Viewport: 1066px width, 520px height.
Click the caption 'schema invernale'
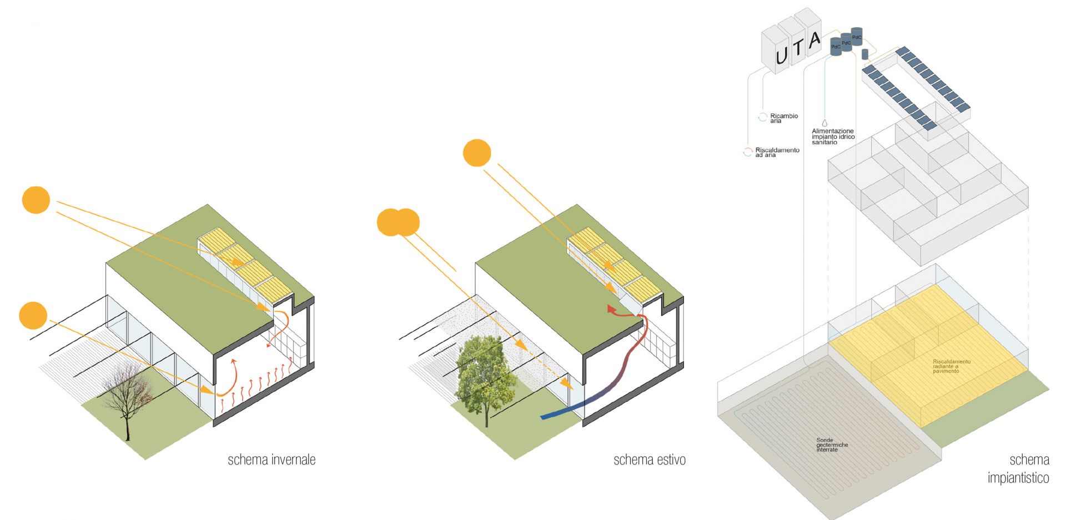[271, 460]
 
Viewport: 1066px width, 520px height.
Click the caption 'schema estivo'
[649, 460]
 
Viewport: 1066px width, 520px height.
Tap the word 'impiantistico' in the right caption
[1018, 478]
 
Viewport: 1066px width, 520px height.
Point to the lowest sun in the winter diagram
[33, 316]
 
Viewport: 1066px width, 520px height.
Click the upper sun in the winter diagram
[36, 200]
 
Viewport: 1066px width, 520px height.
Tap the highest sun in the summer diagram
[477, 153]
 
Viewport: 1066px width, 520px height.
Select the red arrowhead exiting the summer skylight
[611, 309]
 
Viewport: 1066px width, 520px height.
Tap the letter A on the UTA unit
[814, 41]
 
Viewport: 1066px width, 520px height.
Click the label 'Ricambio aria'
[783, 118]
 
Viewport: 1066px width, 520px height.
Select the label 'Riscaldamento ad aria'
[777, 152]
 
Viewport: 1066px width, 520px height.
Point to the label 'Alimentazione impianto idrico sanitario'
[833, 137]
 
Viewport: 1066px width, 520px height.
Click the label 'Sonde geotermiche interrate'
[832, 445]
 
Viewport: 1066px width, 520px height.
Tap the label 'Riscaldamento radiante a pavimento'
[951, 366]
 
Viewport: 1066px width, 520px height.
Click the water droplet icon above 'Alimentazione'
[824, 123]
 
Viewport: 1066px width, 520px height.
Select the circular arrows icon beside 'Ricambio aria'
[763, 117]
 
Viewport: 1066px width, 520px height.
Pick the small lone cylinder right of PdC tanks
[865, 54]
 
